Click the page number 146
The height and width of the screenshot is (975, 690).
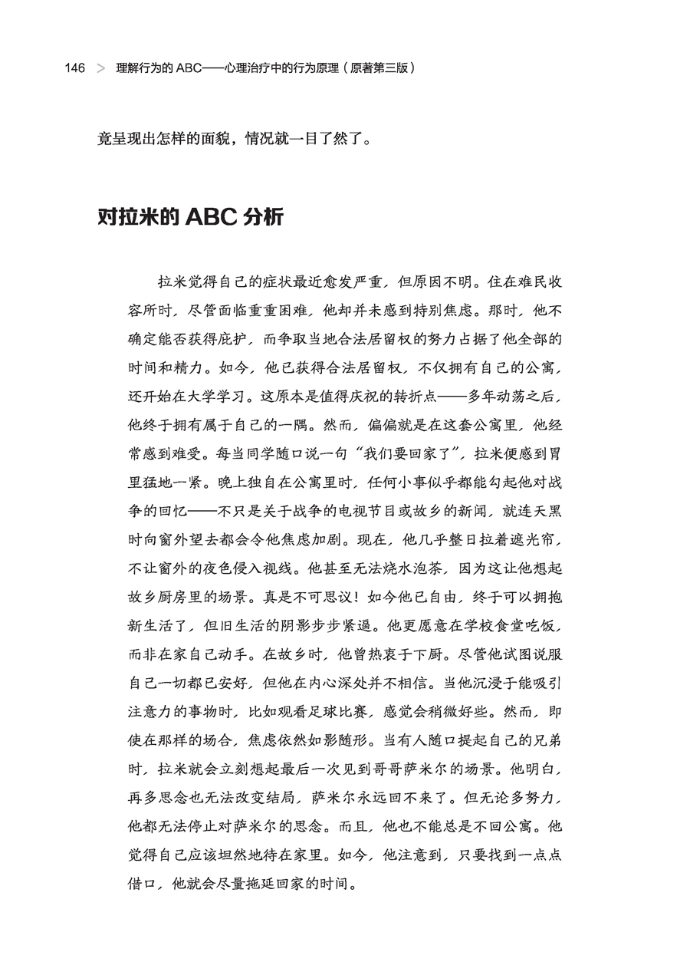pos(75,68)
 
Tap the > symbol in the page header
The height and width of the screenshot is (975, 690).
pos(100,68)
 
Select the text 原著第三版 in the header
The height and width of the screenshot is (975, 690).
pos(381,68)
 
